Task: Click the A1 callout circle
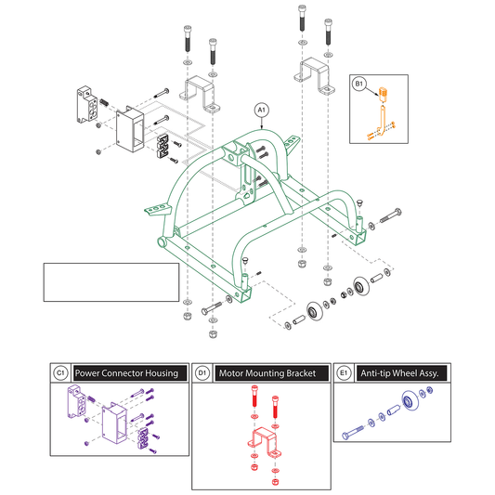(261, 110)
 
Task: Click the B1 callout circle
(358, 84)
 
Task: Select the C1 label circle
(60, 373)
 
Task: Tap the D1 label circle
(202, 373)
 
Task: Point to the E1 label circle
(344, 373)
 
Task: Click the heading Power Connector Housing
(126, 373)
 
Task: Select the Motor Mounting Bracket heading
(267, 373)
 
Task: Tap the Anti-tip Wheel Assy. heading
(399, 373)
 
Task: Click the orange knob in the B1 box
(384, 94)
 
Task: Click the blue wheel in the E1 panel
(410, 401)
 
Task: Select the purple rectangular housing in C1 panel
(115, 423)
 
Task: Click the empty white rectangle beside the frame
(111, 282)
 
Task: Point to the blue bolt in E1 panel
(353, 433)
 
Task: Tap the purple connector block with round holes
(76, 401)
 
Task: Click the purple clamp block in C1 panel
(143, 438)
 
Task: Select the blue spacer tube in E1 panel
(394, 410)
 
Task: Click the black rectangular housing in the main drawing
(130, 129)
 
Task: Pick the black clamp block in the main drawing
(163, 146)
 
